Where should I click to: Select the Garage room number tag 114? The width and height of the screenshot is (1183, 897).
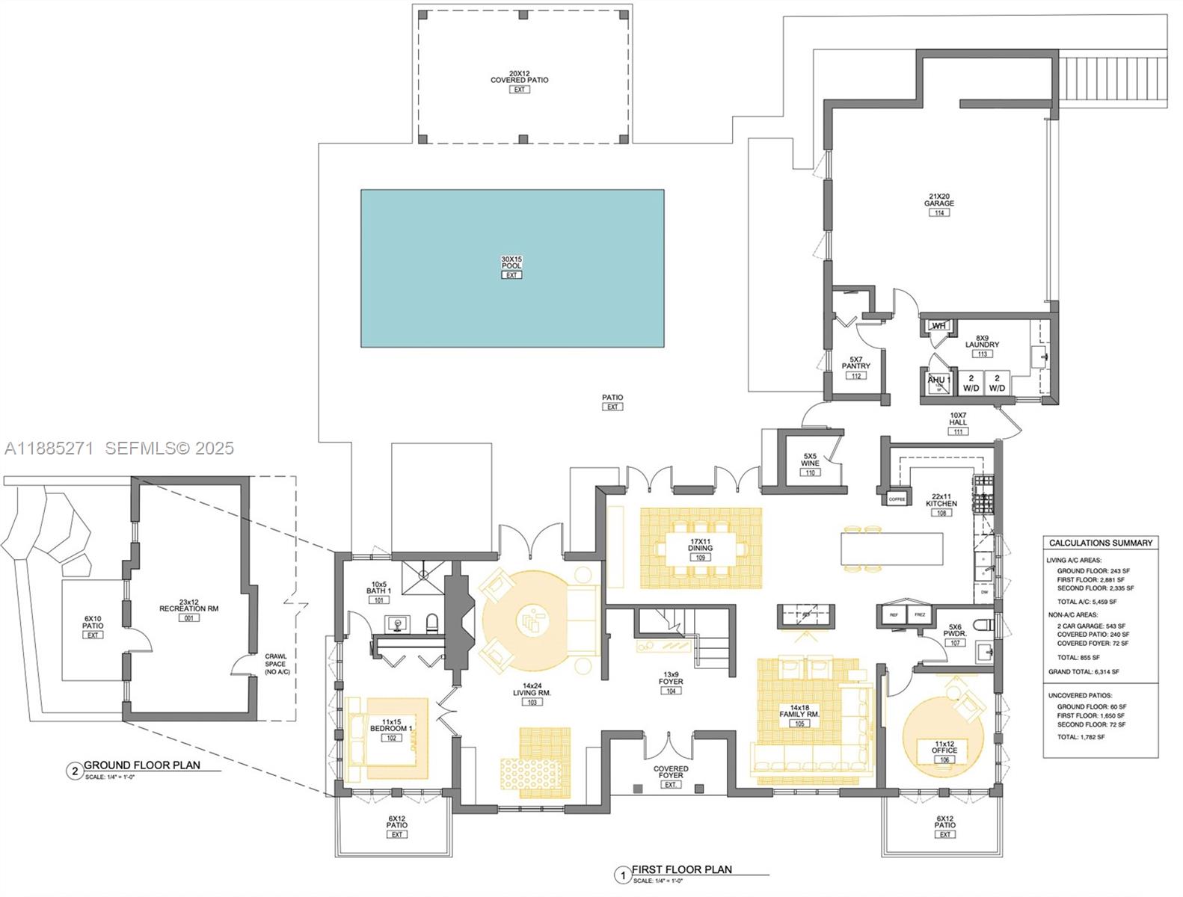click(x=938, y=213)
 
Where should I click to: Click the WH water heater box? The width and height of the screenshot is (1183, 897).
click(x=938, y=326)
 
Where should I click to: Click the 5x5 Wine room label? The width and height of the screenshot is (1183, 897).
click(x=810, y=460)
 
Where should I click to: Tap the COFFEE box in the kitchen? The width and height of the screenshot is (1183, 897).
click(x=897, y=499)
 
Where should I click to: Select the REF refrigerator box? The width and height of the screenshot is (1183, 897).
click(x=894, y=614)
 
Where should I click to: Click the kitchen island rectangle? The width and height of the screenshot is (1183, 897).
click(x=891, y=549)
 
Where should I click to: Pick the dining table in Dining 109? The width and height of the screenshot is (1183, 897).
click(x=701, y=548)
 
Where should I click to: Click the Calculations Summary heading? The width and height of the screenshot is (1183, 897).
click(x=1101, y=543)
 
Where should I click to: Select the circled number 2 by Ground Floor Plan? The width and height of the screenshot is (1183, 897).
click(x=73, y=771)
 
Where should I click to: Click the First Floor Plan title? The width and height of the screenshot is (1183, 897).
click(x=682, y=869)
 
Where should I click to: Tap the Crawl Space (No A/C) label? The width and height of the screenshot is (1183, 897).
click(x=277, y=665)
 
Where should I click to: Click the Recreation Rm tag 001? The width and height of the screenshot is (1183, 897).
click(x=188, y=618)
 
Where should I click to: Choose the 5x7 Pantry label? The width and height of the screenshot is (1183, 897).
click(x=855, y=363)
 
